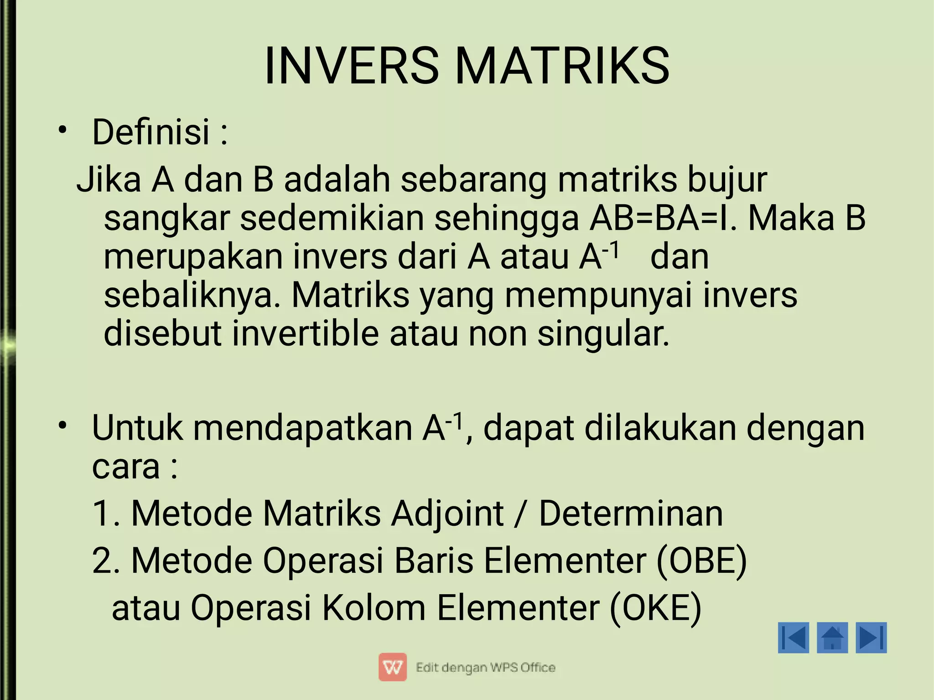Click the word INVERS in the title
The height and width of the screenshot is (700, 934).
click(352, 66)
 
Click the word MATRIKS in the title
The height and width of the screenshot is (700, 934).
click(562, 66)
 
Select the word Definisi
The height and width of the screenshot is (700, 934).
click(150, 132)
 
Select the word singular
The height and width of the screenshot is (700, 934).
click(603, 334)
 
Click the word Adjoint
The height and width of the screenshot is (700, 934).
click(447, 513)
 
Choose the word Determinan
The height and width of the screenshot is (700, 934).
click(631, 513)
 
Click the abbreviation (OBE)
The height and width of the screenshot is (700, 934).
click(701, 561)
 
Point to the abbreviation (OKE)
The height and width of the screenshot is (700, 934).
click(655, 608)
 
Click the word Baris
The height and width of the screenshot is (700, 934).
click(434, 561)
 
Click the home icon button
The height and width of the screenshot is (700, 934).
click(832, 638)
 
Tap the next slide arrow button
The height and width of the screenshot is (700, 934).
click(871, 638)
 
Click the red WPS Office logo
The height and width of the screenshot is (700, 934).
click(392, 668)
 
